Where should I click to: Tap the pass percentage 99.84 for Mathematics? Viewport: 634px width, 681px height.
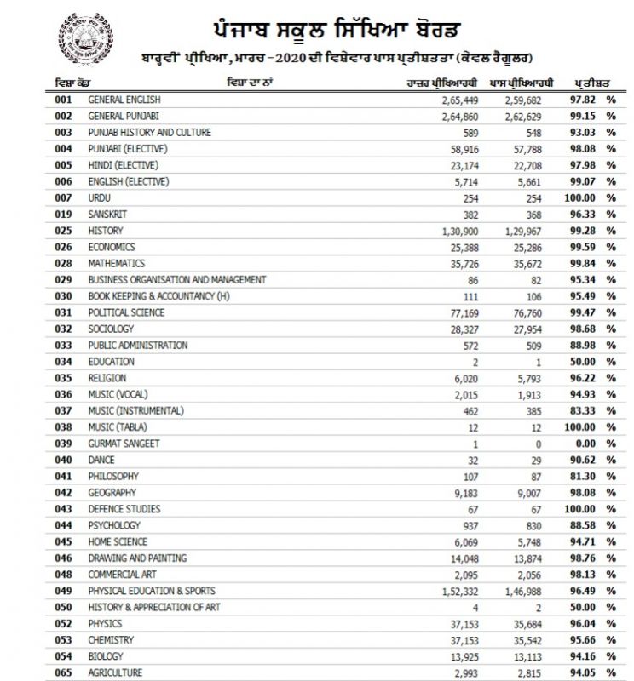[586, 264]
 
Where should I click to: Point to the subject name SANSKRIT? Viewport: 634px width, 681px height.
[109, 215]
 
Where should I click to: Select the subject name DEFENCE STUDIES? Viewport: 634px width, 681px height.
[124, 509]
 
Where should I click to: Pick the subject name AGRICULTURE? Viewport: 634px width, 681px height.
[117, 672]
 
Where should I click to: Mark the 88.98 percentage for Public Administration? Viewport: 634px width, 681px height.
[586, 346]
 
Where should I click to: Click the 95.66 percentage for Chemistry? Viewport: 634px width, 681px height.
[586, 640]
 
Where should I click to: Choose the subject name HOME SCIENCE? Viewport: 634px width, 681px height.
[118, 541]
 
